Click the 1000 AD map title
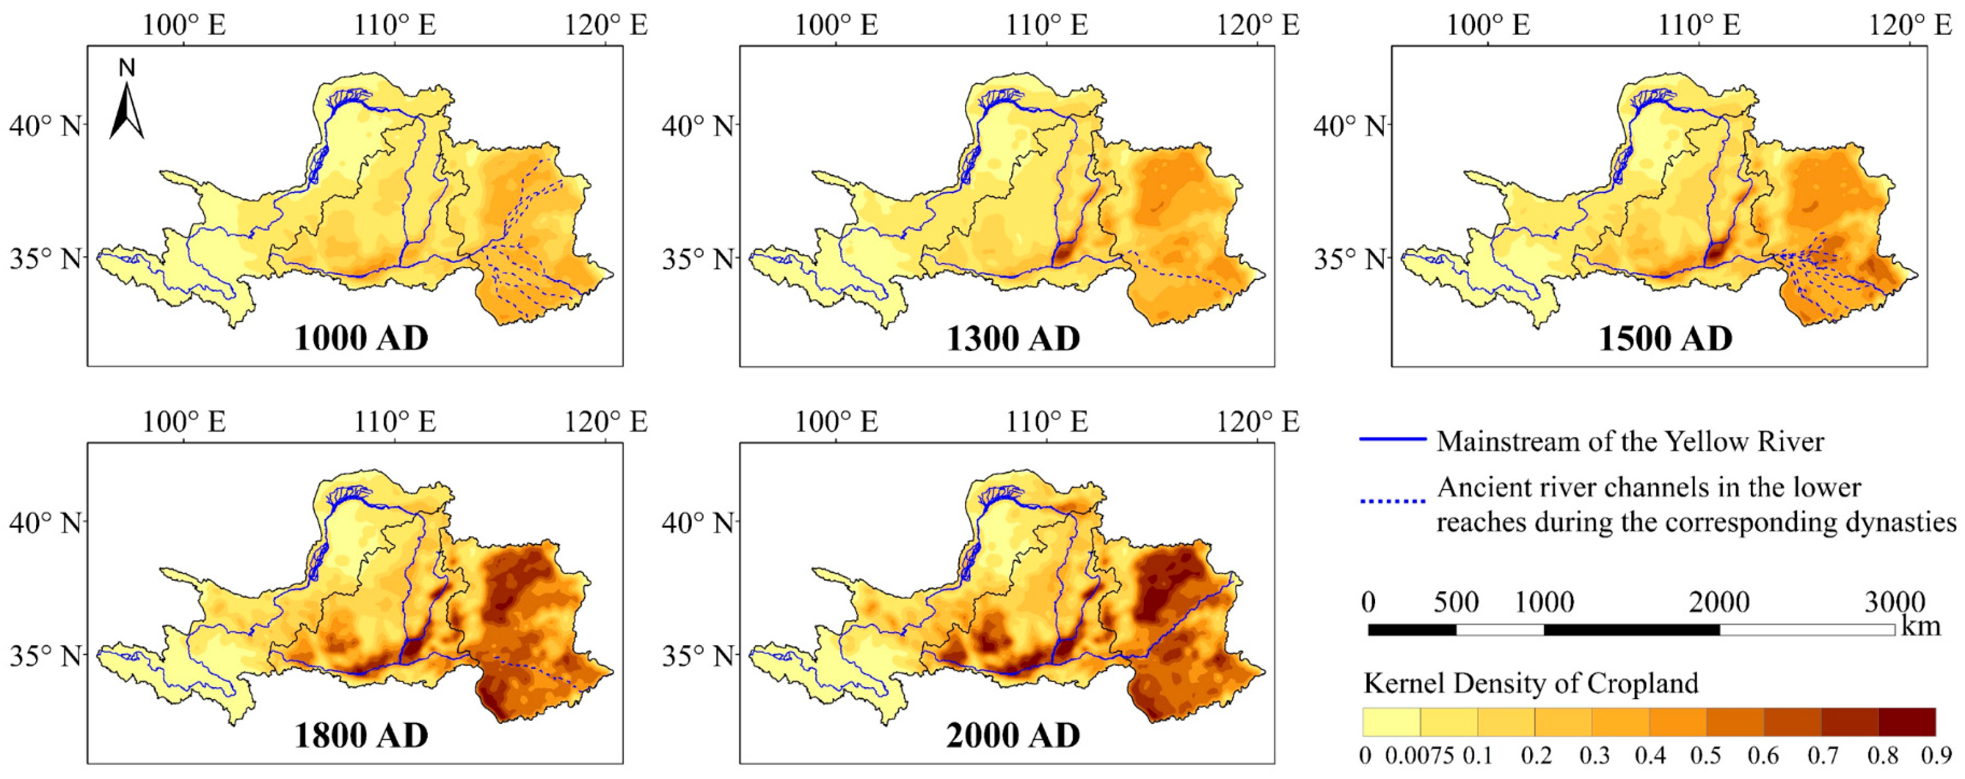[362, 339]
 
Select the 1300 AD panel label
[1013, 339]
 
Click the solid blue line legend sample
[1392, 439]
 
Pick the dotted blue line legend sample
[1392, 501]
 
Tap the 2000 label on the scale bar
[1719, 603]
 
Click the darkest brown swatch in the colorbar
[1906, 722]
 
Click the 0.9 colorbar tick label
[1936, 756]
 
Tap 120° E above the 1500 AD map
[1909, 25]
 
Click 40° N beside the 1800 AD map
[45, 523]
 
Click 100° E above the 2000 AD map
[836, 422]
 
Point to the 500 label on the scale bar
[1456, 603]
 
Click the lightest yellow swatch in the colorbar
[1392, 722]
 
